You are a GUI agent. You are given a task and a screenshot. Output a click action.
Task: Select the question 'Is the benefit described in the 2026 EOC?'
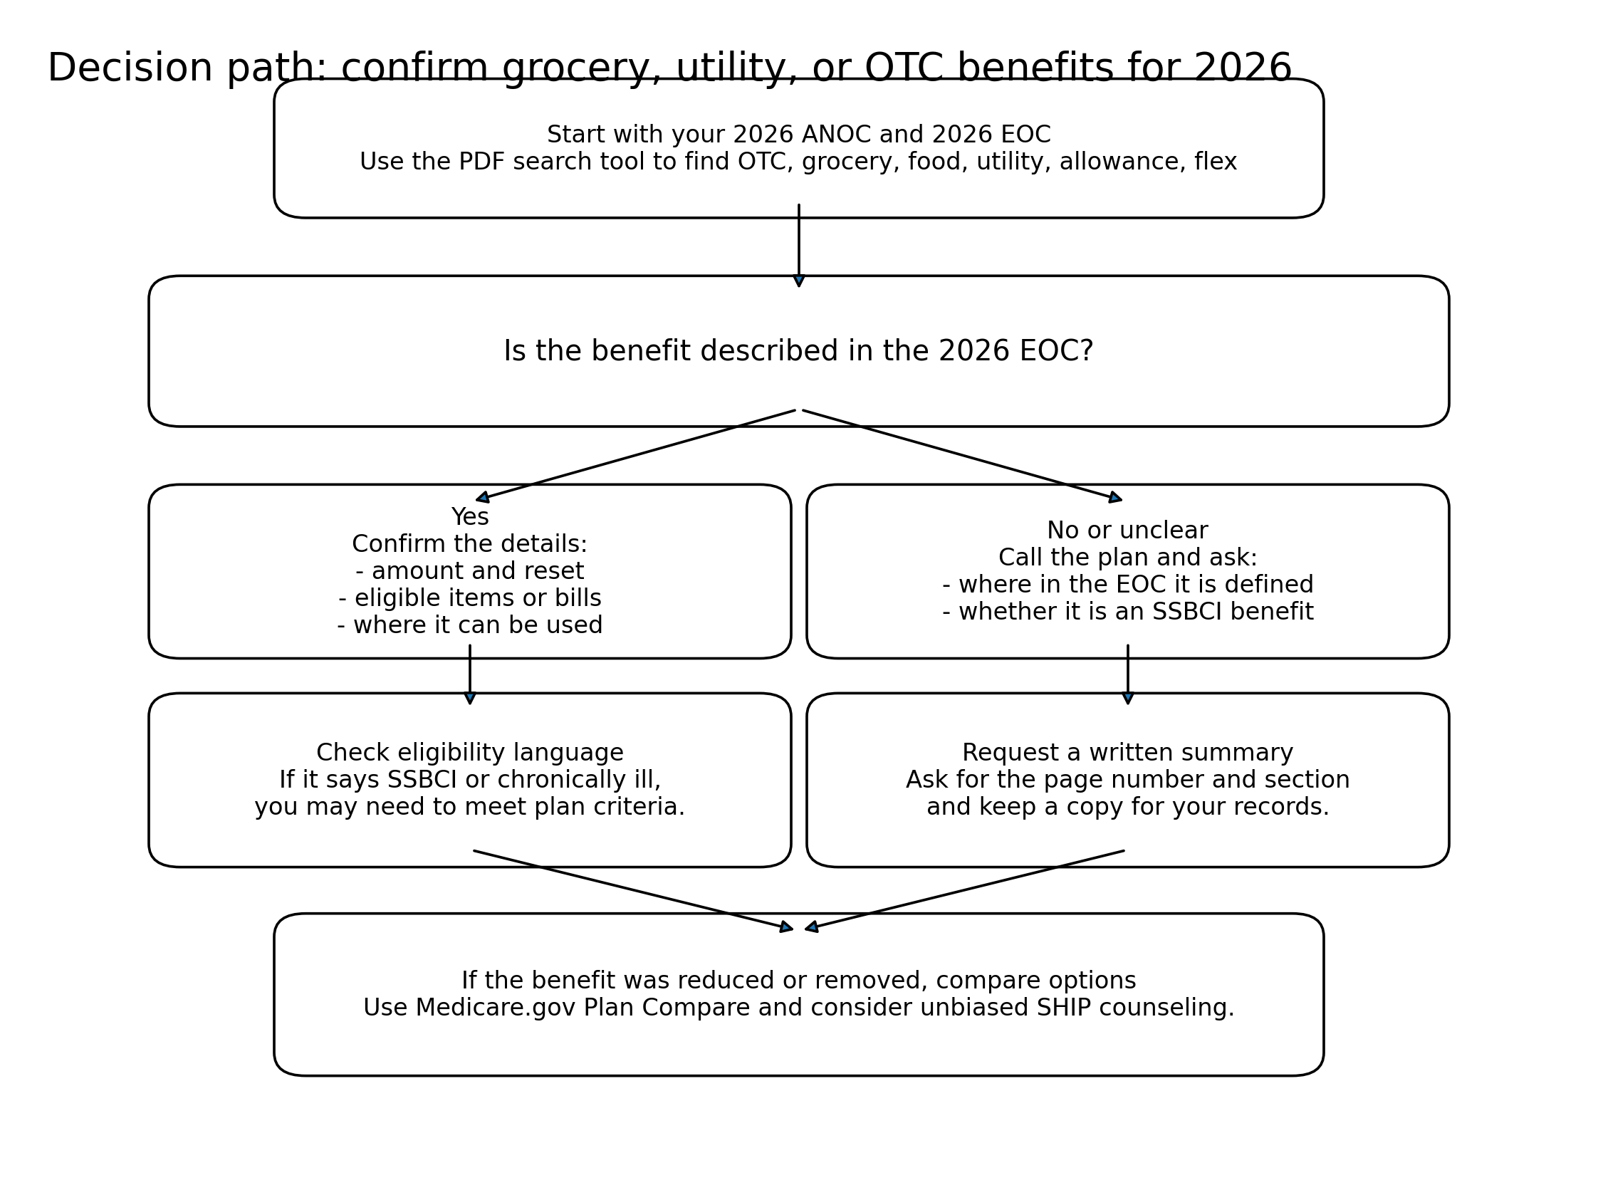[798, 352]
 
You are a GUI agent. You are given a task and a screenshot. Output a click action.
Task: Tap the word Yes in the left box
[469, 517]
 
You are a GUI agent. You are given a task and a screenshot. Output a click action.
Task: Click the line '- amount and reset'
[469, 571]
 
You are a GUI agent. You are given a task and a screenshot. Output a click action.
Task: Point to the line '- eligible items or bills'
[469, 598]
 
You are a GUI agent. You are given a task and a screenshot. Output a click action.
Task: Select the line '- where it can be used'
[469, 625]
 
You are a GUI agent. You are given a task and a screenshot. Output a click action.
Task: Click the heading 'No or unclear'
[1127, 531]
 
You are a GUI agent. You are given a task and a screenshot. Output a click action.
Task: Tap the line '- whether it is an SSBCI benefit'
[1127, 612]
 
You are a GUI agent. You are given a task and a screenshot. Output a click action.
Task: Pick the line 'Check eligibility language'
[469, 753]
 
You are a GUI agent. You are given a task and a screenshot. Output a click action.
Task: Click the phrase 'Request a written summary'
[1127, 753]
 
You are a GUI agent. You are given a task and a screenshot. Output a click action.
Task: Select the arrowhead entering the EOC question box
[798, 281]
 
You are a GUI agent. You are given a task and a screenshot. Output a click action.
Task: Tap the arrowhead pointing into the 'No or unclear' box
[1114, 498]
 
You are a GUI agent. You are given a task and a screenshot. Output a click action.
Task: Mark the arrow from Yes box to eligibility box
[469, 674]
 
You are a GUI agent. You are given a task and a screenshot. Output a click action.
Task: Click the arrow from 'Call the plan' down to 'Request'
[1127, 674]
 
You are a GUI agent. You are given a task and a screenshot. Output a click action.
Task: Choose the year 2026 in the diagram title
[1241, 68]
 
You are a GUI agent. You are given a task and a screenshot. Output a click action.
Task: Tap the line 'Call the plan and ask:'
[1127, 558]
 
